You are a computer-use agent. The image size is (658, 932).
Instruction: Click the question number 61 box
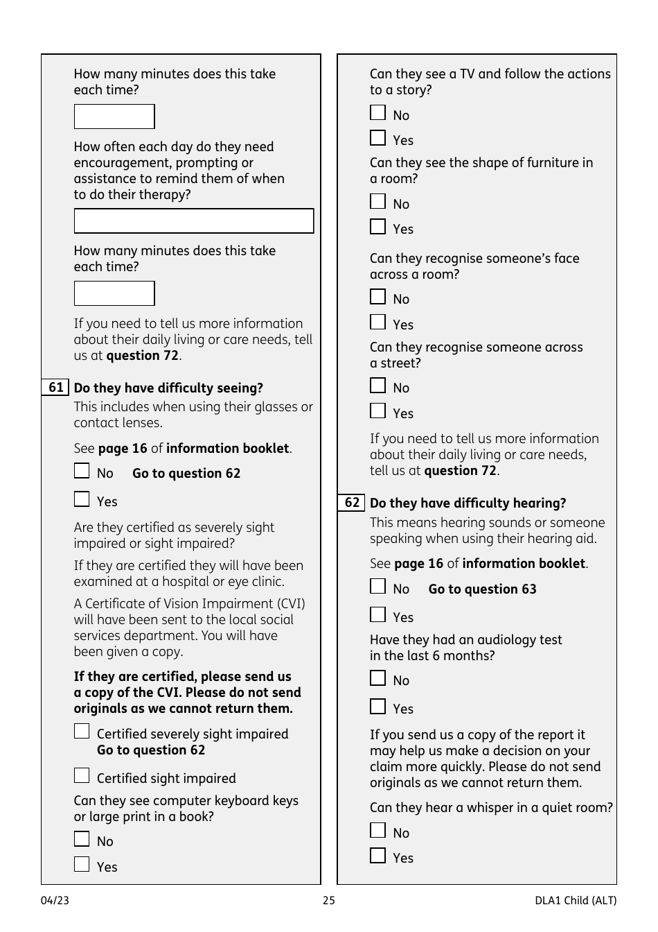[x=55, y=388]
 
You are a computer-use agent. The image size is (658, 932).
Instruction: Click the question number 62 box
[x=351, y=503]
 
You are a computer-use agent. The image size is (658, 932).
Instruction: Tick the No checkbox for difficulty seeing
[x=82, y=472]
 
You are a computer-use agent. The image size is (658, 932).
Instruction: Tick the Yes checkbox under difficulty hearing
[x=377, y=615]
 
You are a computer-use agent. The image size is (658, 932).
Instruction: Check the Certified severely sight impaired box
[x=82, y=732]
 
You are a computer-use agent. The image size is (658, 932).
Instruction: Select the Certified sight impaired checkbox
[x=82, y=775]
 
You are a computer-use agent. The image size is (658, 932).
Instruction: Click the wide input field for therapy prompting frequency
[x=193, y=221]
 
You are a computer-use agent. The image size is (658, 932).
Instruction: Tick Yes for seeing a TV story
[x=377, y=138]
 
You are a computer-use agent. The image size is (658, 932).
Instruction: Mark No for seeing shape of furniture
[x=377, y=202]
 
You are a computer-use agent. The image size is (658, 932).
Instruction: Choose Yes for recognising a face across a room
[x=377, y=322]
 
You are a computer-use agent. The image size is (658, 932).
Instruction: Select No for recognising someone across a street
[x=377, y=386]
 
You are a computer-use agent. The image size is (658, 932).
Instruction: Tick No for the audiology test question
[x=377, y=678]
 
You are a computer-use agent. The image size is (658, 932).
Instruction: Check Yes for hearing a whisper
[x=377, y=856]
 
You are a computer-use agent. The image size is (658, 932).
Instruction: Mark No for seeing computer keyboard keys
[x=82, y=839]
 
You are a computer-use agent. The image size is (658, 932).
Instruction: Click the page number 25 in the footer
[x=328, y=900]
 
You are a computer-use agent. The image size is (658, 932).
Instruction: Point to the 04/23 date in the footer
[x=55, y=900]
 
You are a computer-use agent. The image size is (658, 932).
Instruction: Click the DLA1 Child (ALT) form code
[x=575, y=900]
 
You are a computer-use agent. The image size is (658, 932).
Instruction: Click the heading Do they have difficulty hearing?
[x=468, y=503]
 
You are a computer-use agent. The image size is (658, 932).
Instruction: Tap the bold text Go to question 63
[x=482, y=589]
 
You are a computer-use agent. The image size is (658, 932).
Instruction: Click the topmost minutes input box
[x=114, y=116]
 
